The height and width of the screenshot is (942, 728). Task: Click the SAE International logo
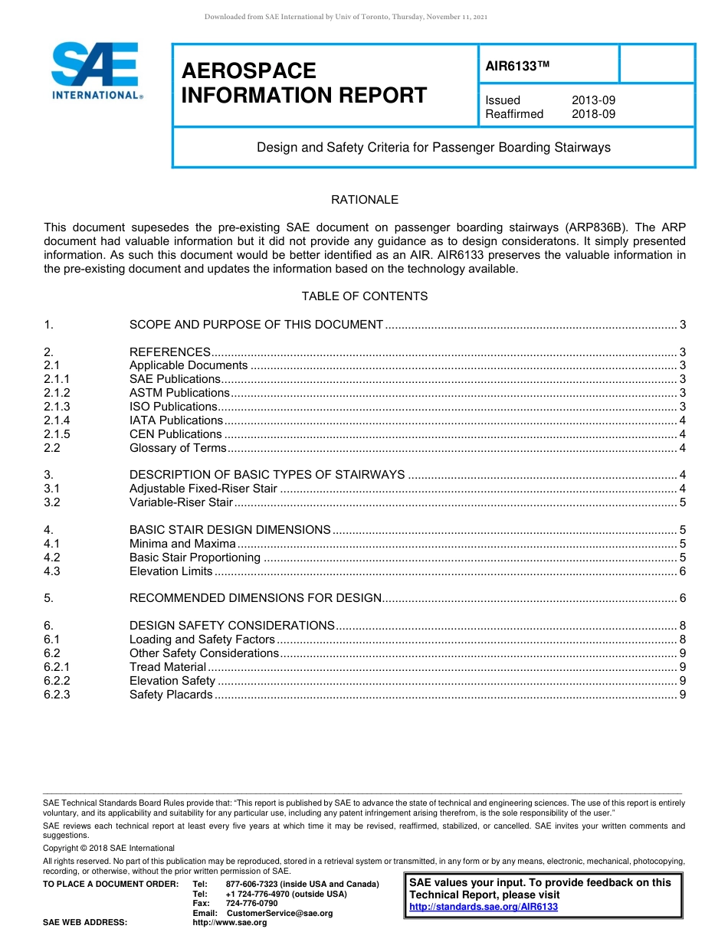(96, 70)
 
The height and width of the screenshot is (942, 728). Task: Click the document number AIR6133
(518, 67)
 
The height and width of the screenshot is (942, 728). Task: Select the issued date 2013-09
(593, 100)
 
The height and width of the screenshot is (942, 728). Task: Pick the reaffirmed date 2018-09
(593, 114)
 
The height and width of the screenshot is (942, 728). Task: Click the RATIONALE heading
(364, 200)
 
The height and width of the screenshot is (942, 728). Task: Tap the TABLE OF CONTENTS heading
(364, 296)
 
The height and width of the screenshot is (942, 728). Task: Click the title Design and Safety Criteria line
(433, 147)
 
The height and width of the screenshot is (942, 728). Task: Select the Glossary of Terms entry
(178, 448)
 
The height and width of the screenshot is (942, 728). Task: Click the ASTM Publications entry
(179, 393)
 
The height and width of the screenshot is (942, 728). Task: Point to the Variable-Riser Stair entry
(181, 502)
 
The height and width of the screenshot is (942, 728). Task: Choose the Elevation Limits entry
(171, 571)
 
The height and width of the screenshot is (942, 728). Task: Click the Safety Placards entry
(171, 695)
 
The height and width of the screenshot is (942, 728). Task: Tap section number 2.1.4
(57, 420)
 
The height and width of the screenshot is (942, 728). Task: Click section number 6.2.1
(57, 667)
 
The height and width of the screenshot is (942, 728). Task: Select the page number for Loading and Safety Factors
(682, 639)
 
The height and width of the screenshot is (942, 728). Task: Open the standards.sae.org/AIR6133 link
(484, 907)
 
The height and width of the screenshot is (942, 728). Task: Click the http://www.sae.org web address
(230, 922)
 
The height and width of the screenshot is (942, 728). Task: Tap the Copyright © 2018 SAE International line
(109, 848)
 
